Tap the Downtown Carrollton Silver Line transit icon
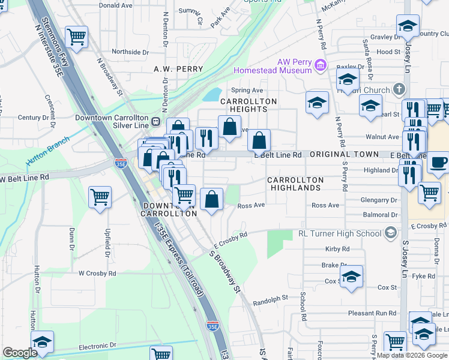[155, 121]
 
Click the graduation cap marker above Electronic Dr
[42, 342]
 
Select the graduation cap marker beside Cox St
[352, 277]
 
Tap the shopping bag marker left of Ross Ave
[212, 200]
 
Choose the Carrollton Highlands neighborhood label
[295, 184]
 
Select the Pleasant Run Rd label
[372, 313]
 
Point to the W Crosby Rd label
[97, 272]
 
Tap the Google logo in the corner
[20, 353]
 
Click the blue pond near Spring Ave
[211, 94]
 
